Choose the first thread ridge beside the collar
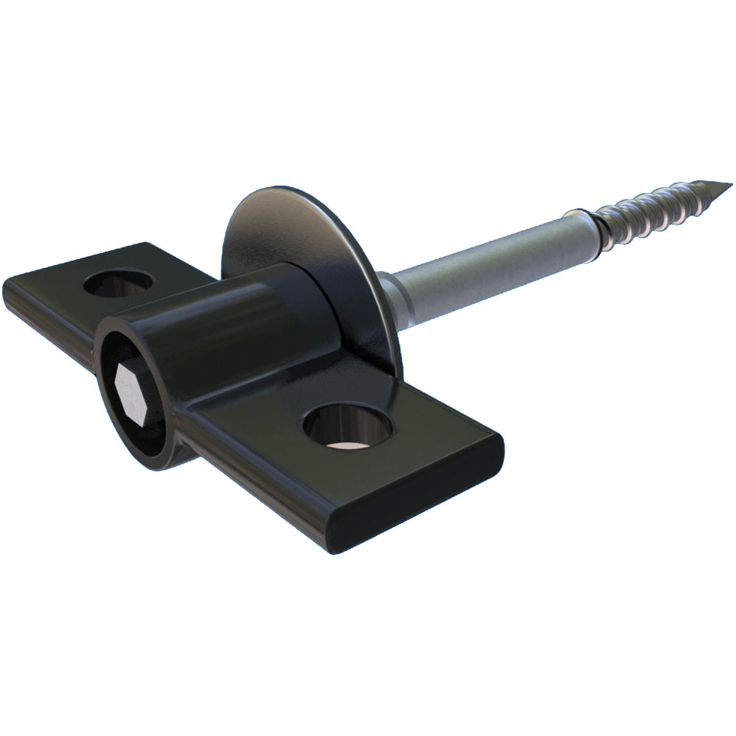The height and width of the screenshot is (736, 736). pos(605,216)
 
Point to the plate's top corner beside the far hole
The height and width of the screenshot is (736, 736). pos(147,245)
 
